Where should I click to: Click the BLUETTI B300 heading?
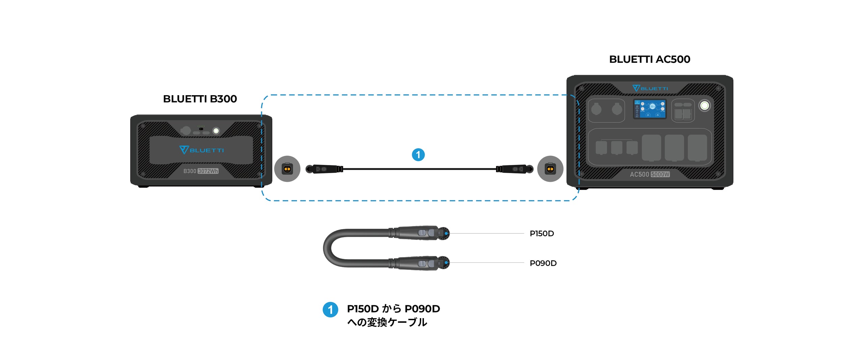pyautogui.click(x=200, y=99)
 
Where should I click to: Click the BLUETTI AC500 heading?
pyautogui.click(x=650, y=59)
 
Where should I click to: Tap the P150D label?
pyautogui.click(x=542, y=233)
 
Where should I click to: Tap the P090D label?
pyautogui.click(x=543, y=263)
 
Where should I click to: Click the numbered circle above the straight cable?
pyautogui.click(x=418, y=155)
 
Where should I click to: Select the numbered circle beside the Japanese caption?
pyautogui.click(x=330, y=310)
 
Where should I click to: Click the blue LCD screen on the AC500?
pyautogui.click(x=650, y=109)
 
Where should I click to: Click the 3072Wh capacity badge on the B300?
pyautogui.click(x=208, y=171)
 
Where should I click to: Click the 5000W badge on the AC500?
pyautogui.click(x=660, y=174)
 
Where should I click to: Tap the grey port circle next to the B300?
pyautogui.click(x=287, y=169)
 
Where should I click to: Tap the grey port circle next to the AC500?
pyautogui.click(x=550, y=169)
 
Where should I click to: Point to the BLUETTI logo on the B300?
pyautogui.click(x=201, y=150)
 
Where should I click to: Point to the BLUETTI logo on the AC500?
pyautogui.click(x=650, y=88)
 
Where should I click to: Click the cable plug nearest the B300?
pyautogui.click(x=324, y=169)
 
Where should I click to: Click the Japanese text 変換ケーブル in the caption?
pyautogui.click(x=397, y=323)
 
